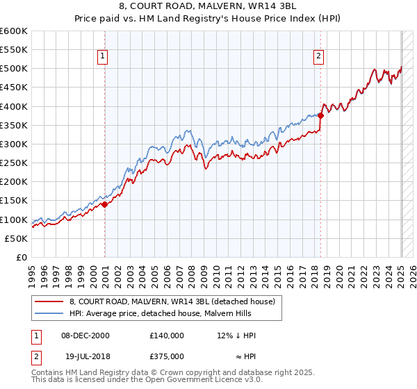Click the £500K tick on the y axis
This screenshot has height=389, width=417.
[x=14, y=69]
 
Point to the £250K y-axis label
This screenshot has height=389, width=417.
[x=14, y=163]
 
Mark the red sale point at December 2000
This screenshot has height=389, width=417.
[x=104, y=204]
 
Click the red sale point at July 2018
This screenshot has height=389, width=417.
[x=320, y=116]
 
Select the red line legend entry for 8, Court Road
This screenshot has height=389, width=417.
[x=172, y=301]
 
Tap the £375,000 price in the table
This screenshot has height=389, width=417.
[x=166, y=356]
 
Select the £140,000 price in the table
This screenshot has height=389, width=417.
[x=166, y=336]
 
